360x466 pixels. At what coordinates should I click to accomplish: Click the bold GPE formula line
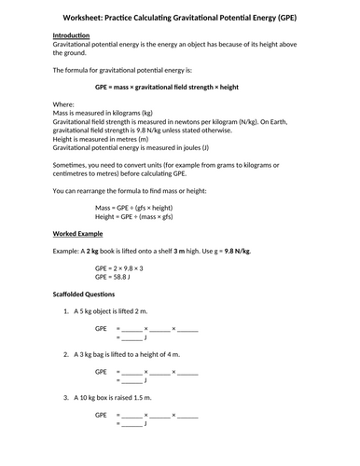pos(179,86)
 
